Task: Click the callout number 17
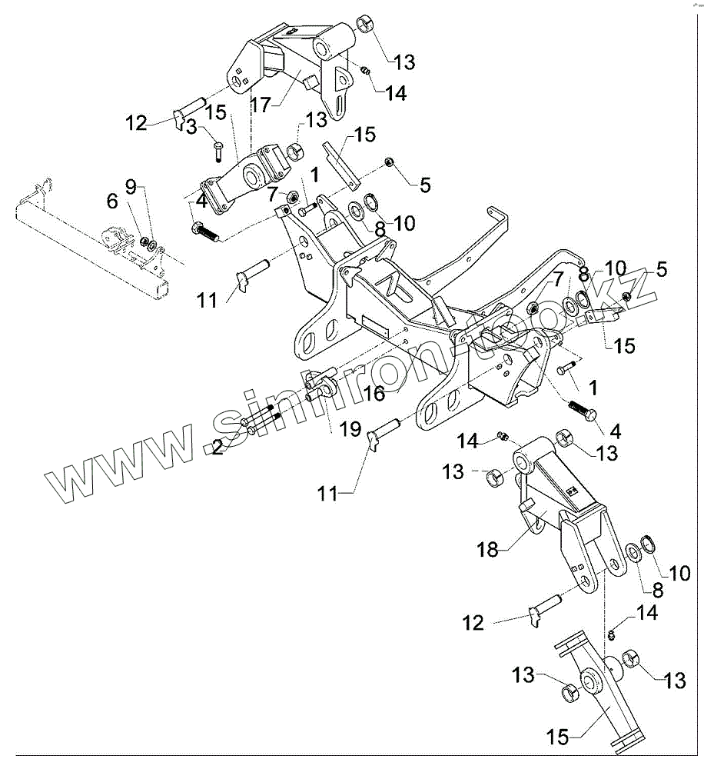coord(261,104)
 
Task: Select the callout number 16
coord(374,394)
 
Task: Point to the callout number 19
coord(350,429)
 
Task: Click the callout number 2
coord(218,447)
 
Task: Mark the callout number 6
coord(113,201)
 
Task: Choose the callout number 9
coord(130,185)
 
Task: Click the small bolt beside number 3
coord(218,147)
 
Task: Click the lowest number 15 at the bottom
coord(559,738)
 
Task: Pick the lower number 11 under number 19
coord(328,494)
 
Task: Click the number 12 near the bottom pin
coord(473,622)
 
